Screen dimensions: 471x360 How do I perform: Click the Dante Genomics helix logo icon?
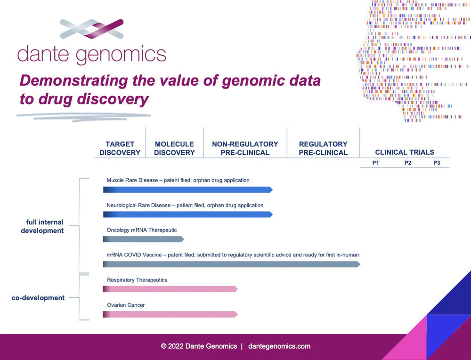pyautogui.click(x=92, y=29)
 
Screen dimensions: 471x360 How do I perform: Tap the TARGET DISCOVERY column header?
pyautogui.click(x=120, y=148)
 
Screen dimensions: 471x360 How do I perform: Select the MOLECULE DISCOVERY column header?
pyautogui.click(x=175, y=148)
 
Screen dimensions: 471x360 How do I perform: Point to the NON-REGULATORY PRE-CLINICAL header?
pyautogui.click(x=245, y=148)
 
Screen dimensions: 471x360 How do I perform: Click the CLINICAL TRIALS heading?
pyautogui.click(x=405, y=152)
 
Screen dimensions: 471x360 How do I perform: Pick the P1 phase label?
pyautogui.click(x=375, y=163)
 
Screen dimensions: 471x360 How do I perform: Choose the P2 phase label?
pyautogui.click(x=407, y=163)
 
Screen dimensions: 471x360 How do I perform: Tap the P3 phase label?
pyautogui.click(x=437, y=163)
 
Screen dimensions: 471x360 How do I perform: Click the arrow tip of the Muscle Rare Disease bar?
pyautogui.click(x=272, y=190)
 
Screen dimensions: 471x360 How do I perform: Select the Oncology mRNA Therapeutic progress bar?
pyautogui.click(x=143, y=239)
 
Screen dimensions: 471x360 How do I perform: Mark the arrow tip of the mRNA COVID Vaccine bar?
pyautogui.click(x=360, y=264)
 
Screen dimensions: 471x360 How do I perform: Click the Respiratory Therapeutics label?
pyautogui.click(x=137, y=280)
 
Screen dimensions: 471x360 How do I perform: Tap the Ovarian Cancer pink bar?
pyautogui.click(x=170, y=314)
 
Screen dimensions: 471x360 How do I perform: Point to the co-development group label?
pyautogui.click(x=38, y=298)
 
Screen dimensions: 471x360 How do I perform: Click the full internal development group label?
pyautogui.click(x=42, y=226)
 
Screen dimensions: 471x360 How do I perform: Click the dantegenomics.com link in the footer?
pyautogui.click(x=279, y=346)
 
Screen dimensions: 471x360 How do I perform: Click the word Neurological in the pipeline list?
pyautogui.click(x=122, y=206)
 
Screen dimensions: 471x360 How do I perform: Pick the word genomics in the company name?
pyautogui.click(x=121, y=55)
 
